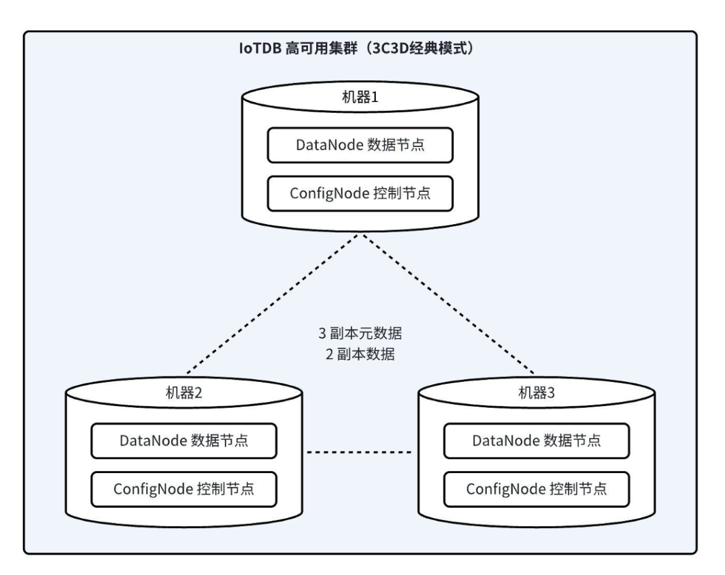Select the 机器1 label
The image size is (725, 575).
pos(361,96)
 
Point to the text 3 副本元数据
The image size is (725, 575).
pos(356,333)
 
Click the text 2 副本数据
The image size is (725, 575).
pos(356,355)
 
